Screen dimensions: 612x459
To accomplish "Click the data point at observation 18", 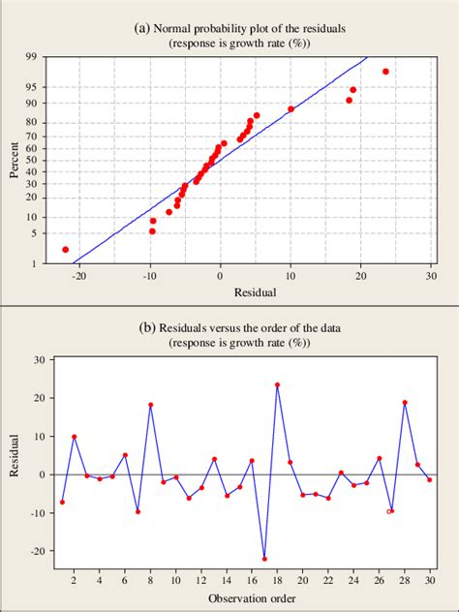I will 277,384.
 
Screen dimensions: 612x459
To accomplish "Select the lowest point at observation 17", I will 264,559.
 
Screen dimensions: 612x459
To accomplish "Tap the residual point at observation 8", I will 150,405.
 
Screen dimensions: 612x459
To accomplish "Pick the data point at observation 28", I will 405,403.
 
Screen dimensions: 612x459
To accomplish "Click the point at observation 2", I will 75,437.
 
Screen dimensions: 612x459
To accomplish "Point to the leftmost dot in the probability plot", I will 66,250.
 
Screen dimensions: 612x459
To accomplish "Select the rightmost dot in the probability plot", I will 385,72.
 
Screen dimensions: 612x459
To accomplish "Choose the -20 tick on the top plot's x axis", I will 78,276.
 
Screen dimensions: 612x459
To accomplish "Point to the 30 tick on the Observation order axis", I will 430,580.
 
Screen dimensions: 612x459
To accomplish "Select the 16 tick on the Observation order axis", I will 252,580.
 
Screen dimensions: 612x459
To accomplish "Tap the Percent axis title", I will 15,161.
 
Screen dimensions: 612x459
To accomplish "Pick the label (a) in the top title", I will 141,28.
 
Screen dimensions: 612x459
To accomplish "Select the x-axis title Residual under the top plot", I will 255,291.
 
